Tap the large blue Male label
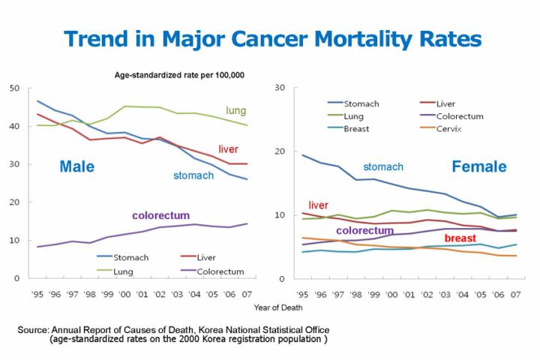[x=76, y=166]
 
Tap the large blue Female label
[x=478, y=166]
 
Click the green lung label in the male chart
[x=236, y=111]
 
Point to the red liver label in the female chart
[x=318, y=205]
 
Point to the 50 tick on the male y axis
[x=14, y=88]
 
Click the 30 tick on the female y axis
[x=279, y=88]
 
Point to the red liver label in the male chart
[x=228, y=148]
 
